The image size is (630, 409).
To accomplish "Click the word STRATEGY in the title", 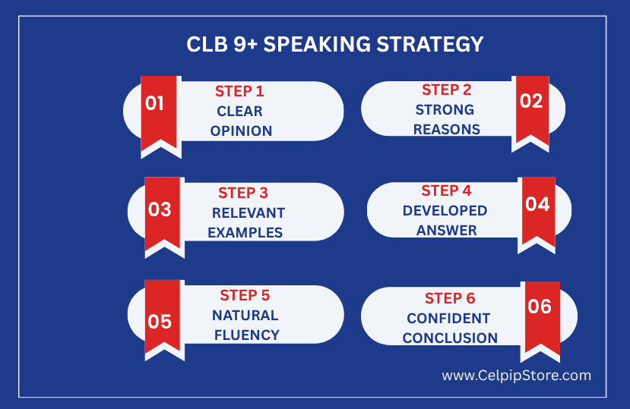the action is point(430,44).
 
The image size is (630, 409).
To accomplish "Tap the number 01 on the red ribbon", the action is point(155,103).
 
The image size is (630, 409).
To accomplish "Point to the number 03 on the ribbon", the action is point(160,209).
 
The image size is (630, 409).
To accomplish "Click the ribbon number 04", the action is point(537,204).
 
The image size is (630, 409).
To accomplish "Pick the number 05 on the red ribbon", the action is point(160,322).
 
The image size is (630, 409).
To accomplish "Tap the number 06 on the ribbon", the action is point(540,307).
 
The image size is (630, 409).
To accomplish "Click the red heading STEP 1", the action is point(239,92).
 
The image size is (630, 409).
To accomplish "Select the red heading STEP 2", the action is point(446,90).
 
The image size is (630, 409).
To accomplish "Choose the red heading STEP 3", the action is point(243,193).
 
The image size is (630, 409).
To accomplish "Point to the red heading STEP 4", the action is point(446,190).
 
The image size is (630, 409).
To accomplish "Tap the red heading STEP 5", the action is point(245,296).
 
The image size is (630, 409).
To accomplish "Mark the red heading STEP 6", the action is point(450,299).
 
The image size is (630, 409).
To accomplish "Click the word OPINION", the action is point(241,131).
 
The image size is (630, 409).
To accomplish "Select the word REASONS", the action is point(447,130).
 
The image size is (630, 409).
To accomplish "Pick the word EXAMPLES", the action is point(245,233).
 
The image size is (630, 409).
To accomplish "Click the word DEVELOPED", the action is point(445,211).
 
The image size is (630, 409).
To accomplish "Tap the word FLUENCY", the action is point(247,335).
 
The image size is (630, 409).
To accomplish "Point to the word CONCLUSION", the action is point(450,338).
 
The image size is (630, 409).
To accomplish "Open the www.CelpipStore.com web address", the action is point(516,376).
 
